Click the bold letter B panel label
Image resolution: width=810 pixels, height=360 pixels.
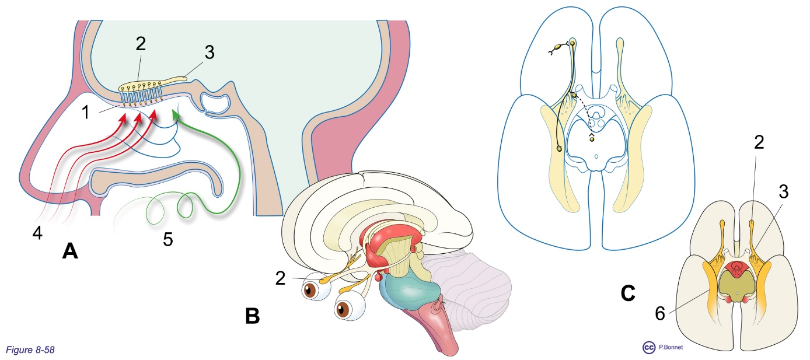(252, 316)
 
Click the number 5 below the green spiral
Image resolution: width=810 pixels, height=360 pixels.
(168, 240)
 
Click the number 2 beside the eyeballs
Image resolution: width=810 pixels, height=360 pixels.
(281, 278)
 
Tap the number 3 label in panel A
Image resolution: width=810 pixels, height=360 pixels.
(210, 53)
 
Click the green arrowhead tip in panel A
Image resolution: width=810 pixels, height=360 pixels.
(174, 116)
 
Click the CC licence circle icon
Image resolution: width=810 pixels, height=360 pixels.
(648, 348)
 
